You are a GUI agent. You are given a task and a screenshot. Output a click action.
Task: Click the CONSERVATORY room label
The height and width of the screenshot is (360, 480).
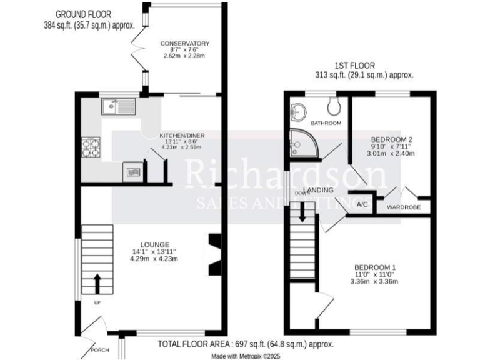(184, 43)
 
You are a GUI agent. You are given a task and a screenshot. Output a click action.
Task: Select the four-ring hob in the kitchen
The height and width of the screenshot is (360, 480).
(90, 147)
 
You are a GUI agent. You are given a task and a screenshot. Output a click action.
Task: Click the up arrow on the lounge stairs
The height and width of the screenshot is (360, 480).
(97, 283)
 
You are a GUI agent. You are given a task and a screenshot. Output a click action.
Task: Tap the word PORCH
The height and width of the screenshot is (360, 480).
(100, 350)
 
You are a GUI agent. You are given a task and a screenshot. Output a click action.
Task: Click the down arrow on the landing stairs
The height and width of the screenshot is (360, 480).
(303, 212)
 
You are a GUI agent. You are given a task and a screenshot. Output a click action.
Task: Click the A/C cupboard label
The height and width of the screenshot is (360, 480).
(362, 204)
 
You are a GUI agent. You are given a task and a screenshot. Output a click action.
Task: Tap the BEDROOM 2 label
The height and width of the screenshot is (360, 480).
(391, 139)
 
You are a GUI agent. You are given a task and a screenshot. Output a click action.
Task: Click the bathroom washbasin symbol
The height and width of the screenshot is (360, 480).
(297, 112)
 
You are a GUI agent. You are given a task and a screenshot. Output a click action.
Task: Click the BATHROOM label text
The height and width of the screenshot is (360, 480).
(327, 123)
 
